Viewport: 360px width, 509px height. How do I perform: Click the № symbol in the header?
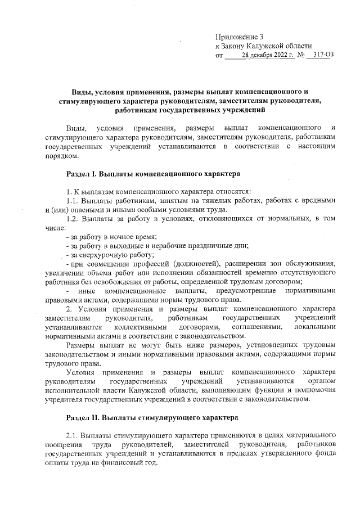tap(301, 56)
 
